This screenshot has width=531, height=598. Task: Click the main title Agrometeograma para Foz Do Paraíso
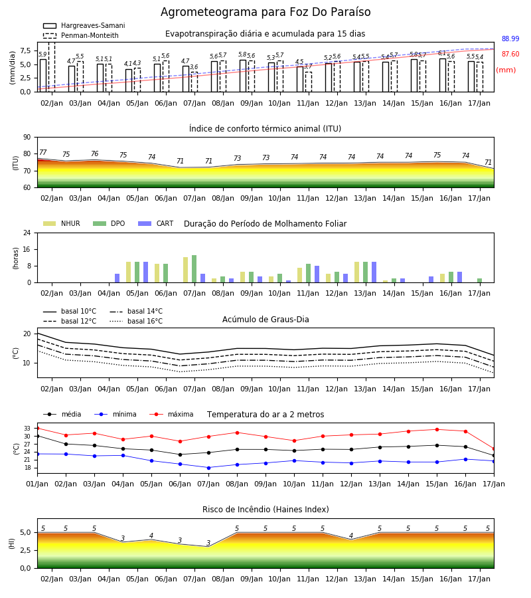pyautogui.click(x=265, y=12)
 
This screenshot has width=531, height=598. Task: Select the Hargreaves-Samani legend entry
pyautogui.click(x=84, y=25)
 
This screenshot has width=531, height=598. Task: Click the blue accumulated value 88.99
pyautogui.click(x=510, y=39)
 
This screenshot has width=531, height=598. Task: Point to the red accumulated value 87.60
pyautogui.click(x=510, y=54)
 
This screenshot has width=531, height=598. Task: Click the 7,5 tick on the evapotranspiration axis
pyautogui.click(x=25, y=50)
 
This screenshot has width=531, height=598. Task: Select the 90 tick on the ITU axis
pyautogui.click(x=27, y=138)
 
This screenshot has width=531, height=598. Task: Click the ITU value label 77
pyautogui.click(x=42, y=152)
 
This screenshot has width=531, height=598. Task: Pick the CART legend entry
pyautogui.click(x=155, y=223)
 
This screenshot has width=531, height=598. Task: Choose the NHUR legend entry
pyautogui.click(x=62, y=223)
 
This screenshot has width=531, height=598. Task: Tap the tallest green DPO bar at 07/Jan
pyautogui.click(x=194, y=269)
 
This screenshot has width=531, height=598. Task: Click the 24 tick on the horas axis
pyautogui.click(x=27, y=233)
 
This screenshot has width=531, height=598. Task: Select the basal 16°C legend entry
pyautogui.click(x=136, y=321)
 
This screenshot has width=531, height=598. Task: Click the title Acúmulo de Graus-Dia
pyautogui.click(x=265, y=319)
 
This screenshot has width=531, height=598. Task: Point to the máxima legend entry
pyautogui.click(x=171, y=414)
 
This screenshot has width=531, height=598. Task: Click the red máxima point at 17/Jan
pyautogui.click(x=494, y=449)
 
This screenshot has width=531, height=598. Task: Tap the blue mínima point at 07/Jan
pyautogui.click(x=208, y=468)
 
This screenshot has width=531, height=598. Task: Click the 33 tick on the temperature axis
pyautogui.click(x=27, y=429)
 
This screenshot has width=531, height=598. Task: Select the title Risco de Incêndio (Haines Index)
pyautogui.click(x=265, y=510)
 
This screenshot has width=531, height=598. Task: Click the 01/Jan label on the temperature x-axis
pyautogui.click(x=37, y=484)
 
